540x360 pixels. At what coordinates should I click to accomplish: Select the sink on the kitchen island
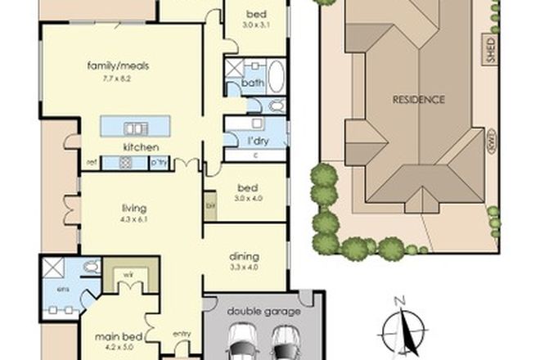(x=133, y=128)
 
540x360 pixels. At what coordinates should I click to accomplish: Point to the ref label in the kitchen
(x=91, y=163)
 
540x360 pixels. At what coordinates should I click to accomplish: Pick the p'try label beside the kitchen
(x=160, y=163)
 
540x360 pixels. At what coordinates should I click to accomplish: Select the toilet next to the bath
(x=274, y=106)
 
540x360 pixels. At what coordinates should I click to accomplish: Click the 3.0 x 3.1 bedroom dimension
(x=255, y=26)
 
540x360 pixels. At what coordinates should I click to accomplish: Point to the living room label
(x=136, y=208)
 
